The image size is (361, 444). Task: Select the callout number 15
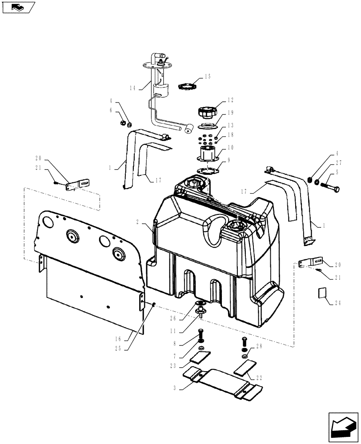tap(207, 77)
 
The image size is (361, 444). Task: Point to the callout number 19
tap(219, 113)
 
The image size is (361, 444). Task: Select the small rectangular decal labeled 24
tap(323, 293)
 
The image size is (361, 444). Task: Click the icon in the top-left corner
tap(18, 7)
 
